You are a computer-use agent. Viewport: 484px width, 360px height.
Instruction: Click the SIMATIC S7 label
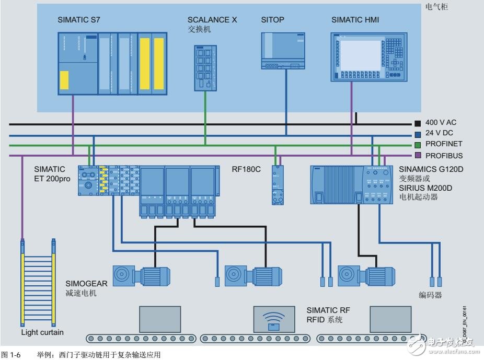click(x=79, y=20)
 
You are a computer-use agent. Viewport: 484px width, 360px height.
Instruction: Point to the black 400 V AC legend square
click(x=417, y=123)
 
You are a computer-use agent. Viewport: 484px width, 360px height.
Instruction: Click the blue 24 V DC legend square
click(x=417, y=134)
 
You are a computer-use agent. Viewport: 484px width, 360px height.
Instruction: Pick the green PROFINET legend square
click(x=417, y=144)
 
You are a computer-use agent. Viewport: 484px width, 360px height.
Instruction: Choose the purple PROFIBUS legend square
click(x=417, y=155)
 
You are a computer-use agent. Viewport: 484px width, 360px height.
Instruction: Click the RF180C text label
click(x=246, y=169)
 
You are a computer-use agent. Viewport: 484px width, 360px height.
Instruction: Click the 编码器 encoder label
click(x=431, y=295)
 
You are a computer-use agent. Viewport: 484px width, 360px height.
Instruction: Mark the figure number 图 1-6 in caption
click(x=11, y=355)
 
